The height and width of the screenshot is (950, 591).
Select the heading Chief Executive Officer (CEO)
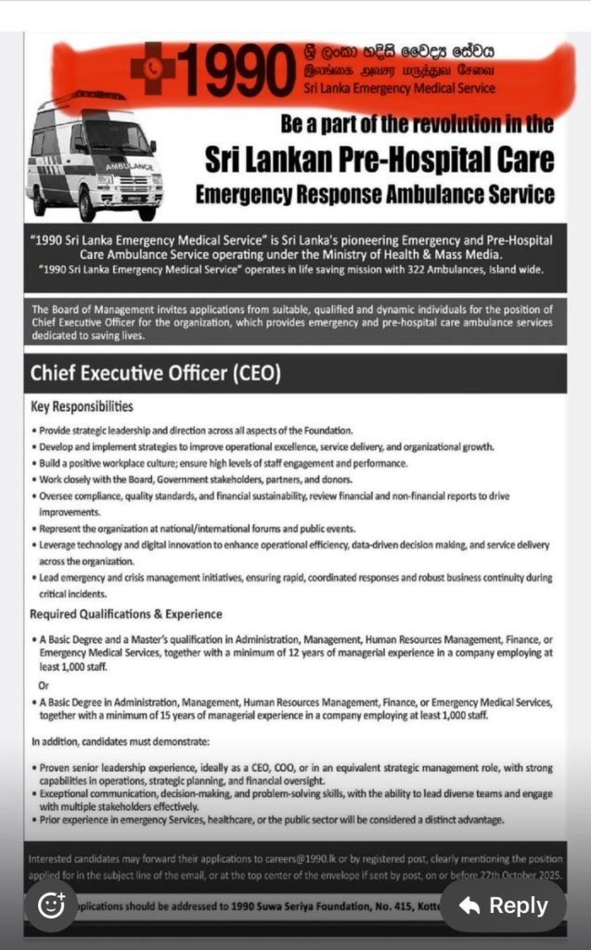click(x=155, y=374)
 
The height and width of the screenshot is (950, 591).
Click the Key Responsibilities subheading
click(x=82, y=406)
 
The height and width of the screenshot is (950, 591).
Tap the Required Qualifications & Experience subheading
click(x=126, y=614)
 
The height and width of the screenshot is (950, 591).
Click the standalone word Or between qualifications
click(x=44, y=685)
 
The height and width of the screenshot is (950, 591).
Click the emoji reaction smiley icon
click(x=52, y=905)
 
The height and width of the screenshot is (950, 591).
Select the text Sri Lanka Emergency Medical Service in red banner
click(x=399, y=88)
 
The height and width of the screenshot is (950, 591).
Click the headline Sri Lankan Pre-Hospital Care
click(x=380, y=159)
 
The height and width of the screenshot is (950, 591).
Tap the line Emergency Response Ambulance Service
click(x=375, y=194)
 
